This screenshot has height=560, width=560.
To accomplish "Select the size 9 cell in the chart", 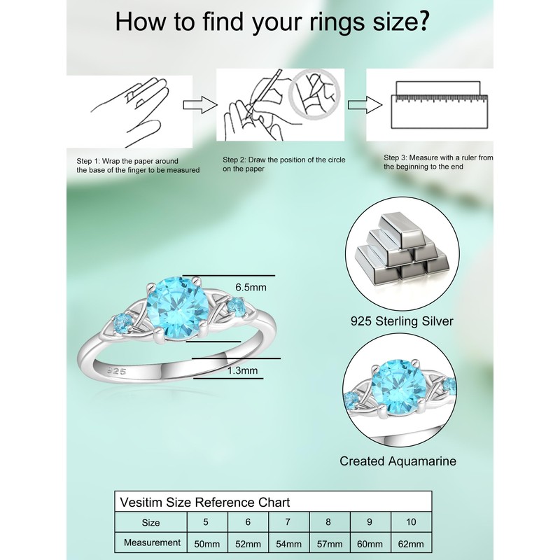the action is coord(370,521).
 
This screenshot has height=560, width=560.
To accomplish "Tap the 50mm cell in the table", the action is coord(208,543).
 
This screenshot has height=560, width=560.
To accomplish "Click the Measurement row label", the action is coord(152,542).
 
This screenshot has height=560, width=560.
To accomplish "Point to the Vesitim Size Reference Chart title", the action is coord(206,502).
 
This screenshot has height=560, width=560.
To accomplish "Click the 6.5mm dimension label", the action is coord(251,287).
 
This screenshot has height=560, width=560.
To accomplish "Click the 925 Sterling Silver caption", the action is coord(402,321).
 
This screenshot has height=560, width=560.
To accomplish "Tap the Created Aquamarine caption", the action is coord(398,461).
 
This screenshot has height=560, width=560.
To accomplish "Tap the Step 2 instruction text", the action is coord(283,164).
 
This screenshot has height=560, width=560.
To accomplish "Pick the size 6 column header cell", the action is coord(248,521).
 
